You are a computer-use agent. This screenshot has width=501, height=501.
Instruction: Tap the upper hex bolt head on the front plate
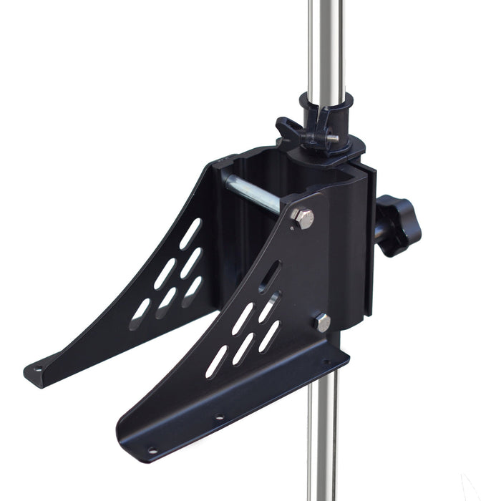(303, 218)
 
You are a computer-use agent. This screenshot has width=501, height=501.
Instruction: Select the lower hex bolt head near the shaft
(322, 323)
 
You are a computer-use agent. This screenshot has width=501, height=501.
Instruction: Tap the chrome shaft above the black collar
(326, 43)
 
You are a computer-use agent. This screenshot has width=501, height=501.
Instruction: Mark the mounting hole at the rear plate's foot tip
(38, 370)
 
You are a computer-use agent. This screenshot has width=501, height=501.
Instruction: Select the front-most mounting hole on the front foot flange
(152, 450)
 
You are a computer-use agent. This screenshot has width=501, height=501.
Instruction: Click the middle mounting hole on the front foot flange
(219, 417)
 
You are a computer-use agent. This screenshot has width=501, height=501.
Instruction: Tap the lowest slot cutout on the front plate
(216, 362)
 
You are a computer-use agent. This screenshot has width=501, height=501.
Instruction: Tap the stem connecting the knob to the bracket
(378, 228)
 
